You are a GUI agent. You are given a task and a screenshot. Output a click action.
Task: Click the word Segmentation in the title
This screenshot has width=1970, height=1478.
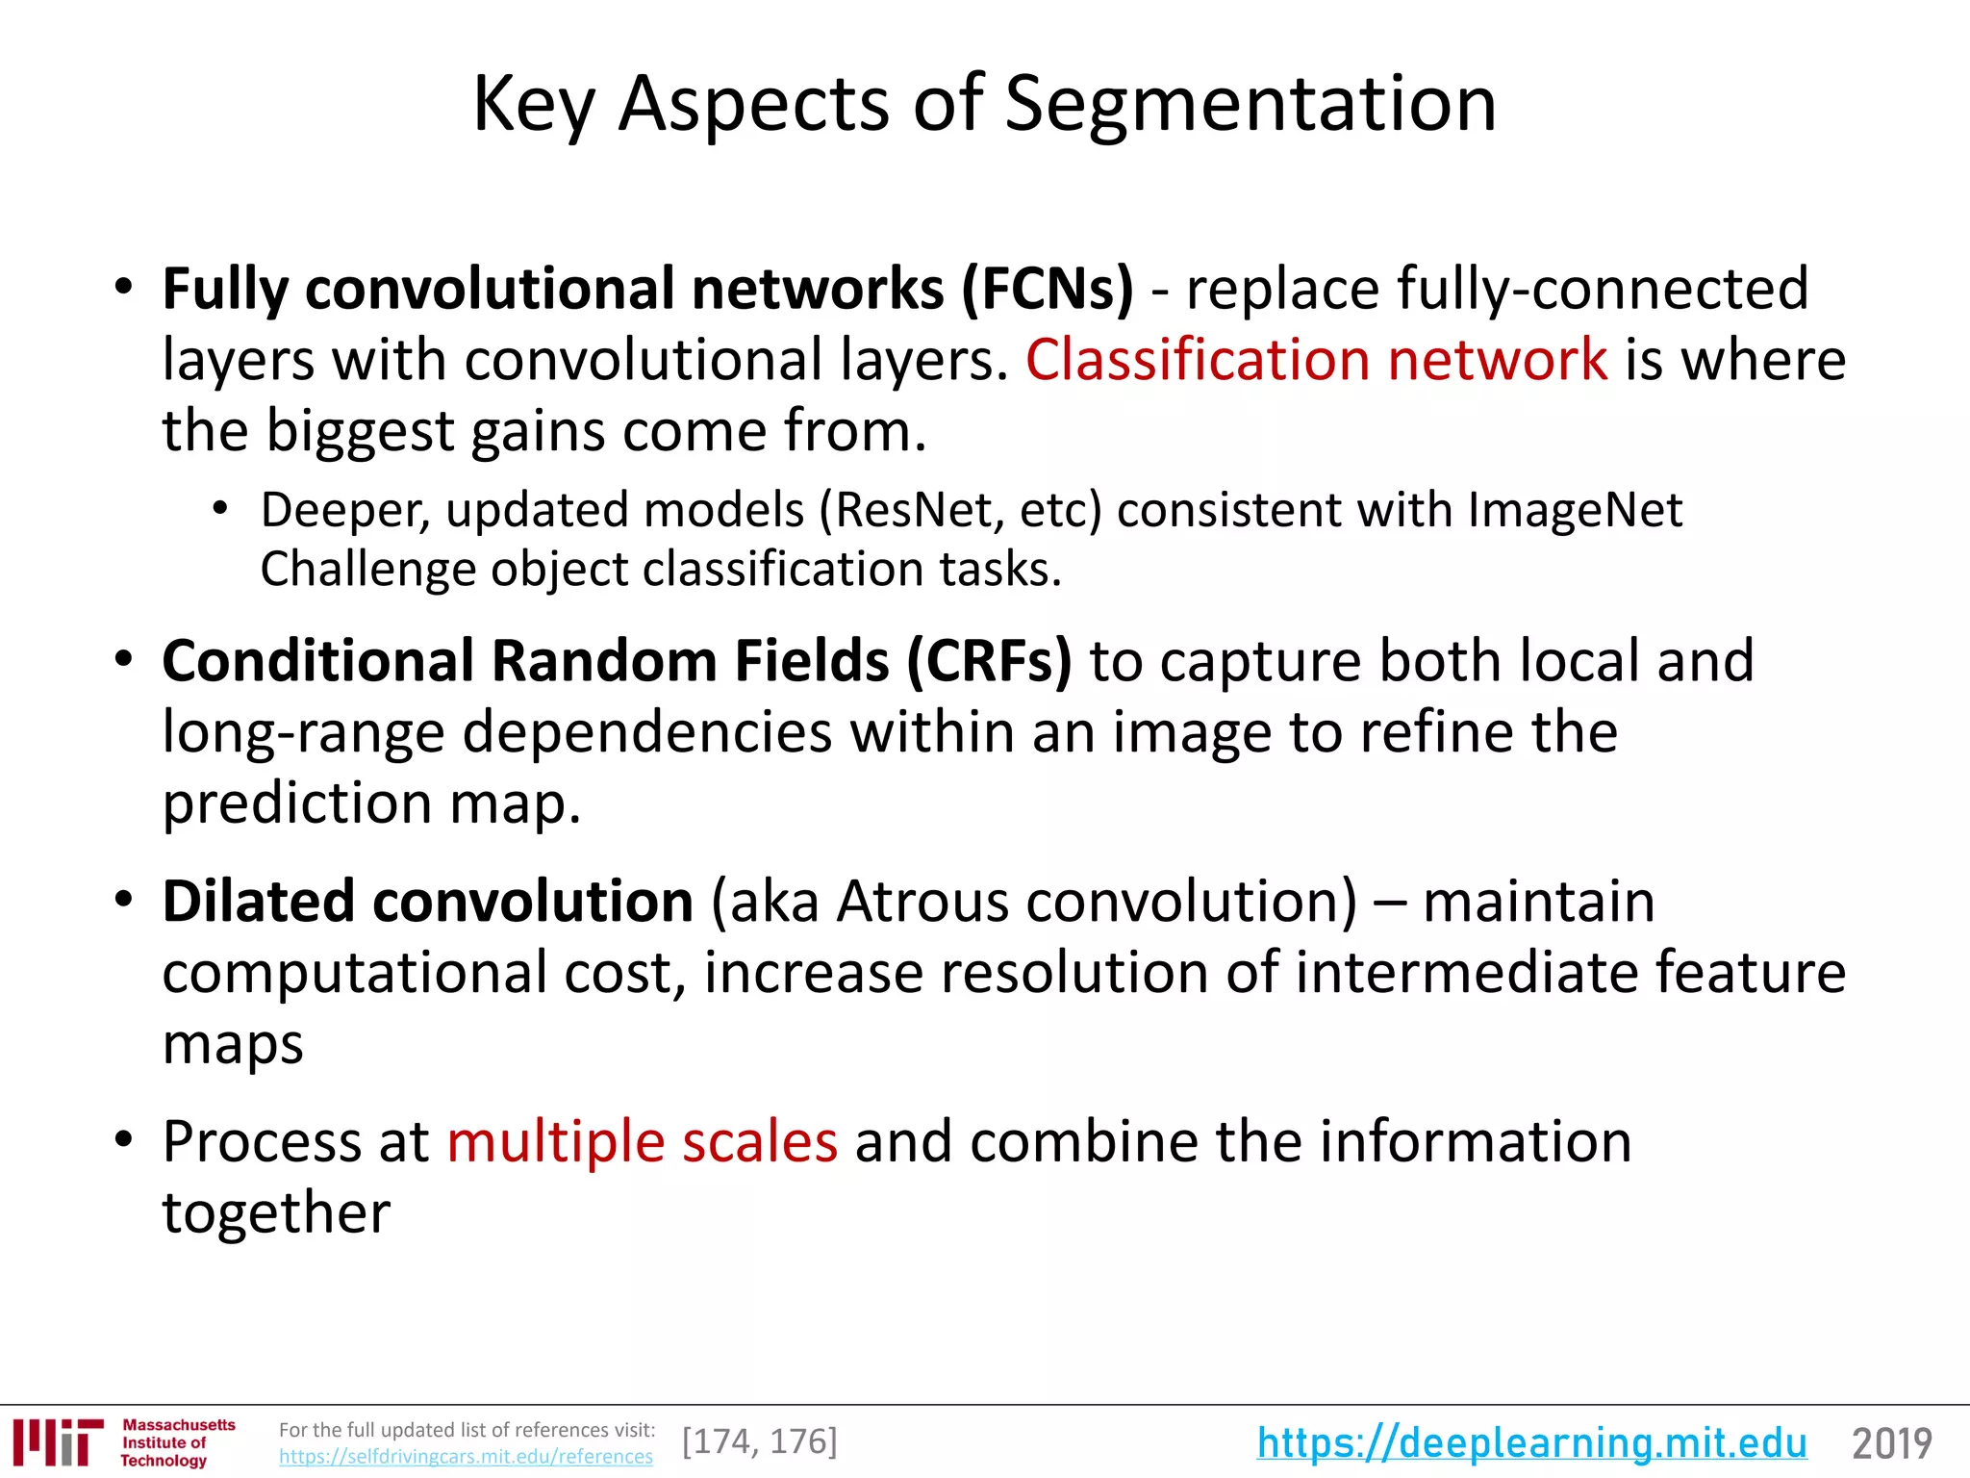pos(1250,104)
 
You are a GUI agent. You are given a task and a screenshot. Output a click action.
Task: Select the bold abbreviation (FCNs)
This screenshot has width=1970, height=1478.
pos(1048,289)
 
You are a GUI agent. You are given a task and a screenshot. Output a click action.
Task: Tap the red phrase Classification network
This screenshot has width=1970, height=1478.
pos(1316,360)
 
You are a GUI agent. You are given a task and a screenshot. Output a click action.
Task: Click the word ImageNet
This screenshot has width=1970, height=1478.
pos(1575,510)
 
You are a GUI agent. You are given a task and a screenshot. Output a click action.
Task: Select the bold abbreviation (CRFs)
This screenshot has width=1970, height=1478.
pos(988,661)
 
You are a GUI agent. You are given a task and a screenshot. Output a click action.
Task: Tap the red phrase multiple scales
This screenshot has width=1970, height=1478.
pos(643,1142)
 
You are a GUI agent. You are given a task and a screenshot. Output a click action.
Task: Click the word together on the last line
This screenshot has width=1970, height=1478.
pos(276,1212)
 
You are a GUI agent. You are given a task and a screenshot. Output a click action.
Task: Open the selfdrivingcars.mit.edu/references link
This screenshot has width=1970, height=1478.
pos(466,1457)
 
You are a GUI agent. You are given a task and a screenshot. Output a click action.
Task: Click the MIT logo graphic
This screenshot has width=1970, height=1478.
pos(58,1441)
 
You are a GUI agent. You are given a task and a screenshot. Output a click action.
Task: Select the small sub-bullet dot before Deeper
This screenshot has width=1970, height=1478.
pos(221,508)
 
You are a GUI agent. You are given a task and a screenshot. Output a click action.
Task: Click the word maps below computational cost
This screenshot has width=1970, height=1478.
pos(233,1044)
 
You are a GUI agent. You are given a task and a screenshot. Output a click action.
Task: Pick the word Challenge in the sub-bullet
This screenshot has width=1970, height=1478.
pos(367,570)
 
